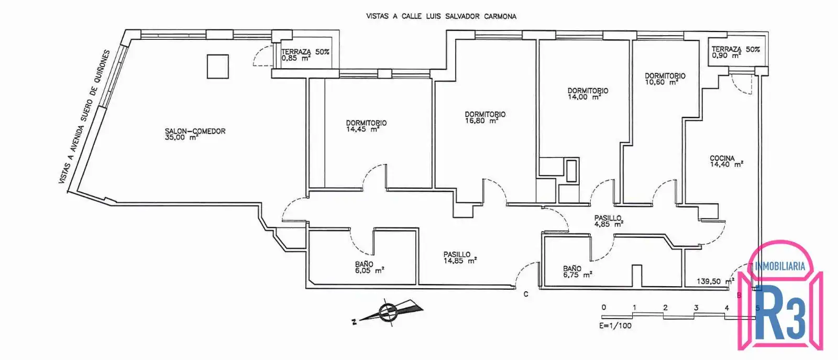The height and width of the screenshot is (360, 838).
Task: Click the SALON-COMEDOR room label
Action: tap(195, 131)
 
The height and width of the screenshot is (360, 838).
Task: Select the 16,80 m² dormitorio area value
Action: tap(481, 121)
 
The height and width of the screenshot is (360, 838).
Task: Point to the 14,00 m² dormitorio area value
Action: tap(585, 97)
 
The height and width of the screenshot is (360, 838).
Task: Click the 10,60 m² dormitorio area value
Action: tap(661, 82)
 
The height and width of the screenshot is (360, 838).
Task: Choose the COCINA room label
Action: tap(722, 158)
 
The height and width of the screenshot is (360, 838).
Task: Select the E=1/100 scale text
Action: tap(615, 325)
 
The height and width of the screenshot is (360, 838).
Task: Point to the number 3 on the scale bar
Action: tap(696, 308)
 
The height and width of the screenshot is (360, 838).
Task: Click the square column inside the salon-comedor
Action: tap(218, 67)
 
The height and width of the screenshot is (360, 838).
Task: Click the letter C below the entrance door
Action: tap(526, 294)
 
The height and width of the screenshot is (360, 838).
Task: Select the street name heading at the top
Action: tap(441, 16)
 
